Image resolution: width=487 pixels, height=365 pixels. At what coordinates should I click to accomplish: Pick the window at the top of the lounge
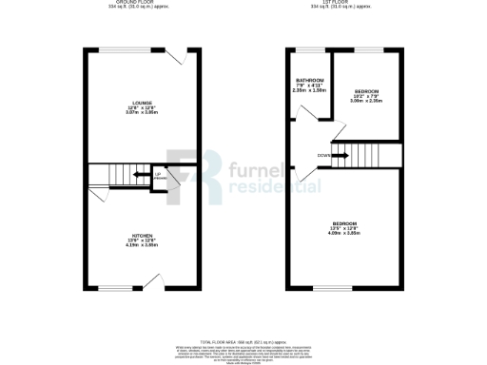tap(118, 49)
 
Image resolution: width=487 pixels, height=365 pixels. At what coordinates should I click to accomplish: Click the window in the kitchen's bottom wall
tap(116, 288)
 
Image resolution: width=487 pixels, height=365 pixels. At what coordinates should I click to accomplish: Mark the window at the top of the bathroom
tap(310, 48)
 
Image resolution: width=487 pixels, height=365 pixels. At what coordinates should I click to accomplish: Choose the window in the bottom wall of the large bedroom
tap(326, 288)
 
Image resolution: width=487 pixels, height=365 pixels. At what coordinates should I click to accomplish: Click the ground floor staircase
tap(111, 176)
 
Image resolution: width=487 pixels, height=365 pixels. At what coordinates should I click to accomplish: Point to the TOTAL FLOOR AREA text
tap(243, 340)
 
